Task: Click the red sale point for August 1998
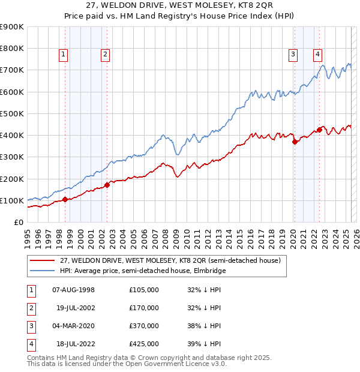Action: click(x=65, y=199)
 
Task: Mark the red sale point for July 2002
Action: click(x=107, y=185)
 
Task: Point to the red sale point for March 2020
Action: click(x=295, y=142)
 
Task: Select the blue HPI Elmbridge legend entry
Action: click(x=143, y=271)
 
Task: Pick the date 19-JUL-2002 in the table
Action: click(x=76, y=307)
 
